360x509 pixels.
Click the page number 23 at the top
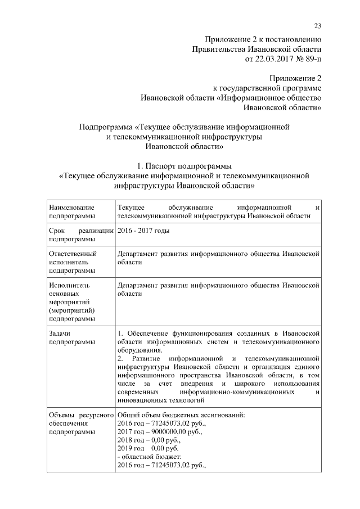[x=317, y=27]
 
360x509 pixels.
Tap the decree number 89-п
[x=310, y=58]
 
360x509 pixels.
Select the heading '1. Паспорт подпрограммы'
[x=184, y=166]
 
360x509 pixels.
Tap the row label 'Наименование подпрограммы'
[x=72, y=211]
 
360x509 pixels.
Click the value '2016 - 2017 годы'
[x=143, y=231]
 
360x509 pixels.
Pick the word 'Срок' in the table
[x=58, y=231]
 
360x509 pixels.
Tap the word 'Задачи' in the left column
[x=60, y=333]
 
